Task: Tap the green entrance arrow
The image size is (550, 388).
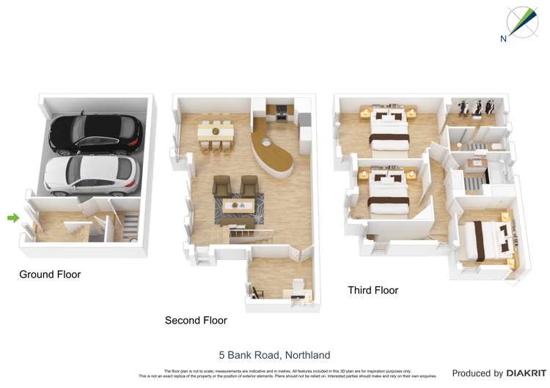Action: click(x=12, y=217)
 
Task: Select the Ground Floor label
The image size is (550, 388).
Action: click(x=50, y=275)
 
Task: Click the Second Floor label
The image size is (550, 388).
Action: click(x=196, y=321)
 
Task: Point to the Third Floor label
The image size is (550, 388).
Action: click(x=373, y=291)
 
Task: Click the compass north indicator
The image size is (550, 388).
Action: click(x=521, y=22)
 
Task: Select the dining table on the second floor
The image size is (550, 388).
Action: click(x=216, y=132)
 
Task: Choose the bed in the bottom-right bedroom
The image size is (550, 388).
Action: click(x=488, y=239)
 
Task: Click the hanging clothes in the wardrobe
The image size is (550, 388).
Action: click(x=477, y=106)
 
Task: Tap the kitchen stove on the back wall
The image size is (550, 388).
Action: click(x=282, y=113)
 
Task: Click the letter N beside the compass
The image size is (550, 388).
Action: click(x=504, y=40)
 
